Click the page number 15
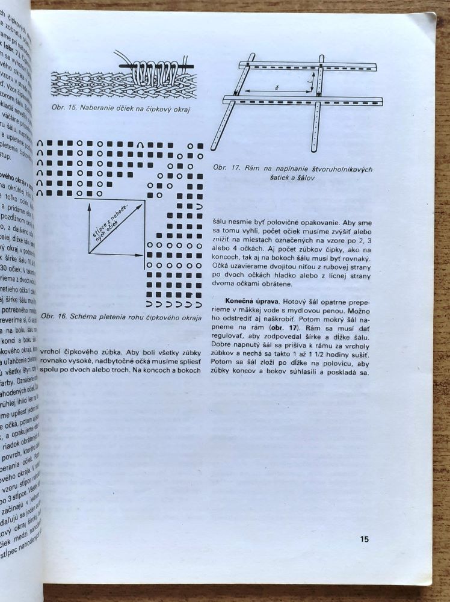[365, 539]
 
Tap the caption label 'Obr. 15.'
[63, 107]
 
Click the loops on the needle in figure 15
[155, 71]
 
